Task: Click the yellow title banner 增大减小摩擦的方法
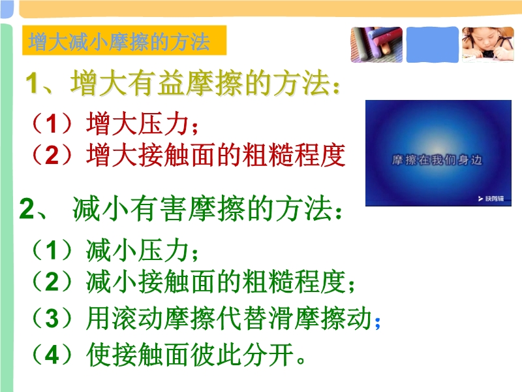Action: (124, 41)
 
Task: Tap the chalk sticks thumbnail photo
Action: (376, 44)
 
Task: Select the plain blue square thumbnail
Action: (433, 44)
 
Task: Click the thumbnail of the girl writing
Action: (488, 44)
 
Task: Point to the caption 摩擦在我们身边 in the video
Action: (437, 160)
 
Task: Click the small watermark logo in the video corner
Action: (491, 199)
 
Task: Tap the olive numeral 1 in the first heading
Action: (33, 83)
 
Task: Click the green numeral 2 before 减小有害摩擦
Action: (27, 209)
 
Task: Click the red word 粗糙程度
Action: (294, 155)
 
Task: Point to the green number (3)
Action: (52, 318)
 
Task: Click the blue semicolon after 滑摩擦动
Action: (377, 322)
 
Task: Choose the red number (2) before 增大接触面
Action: (52, 155)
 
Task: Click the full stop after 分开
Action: (301, 361)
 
